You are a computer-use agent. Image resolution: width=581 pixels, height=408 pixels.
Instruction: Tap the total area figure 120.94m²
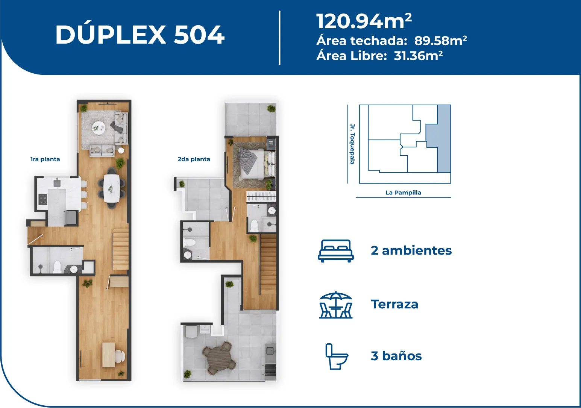click(x=364, y=21)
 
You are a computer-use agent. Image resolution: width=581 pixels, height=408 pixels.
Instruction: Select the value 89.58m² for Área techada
click(x=440, y=41)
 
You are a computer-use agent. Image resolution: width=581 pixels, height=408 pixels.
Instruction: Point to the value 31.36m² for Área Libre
click(x=418, y=56)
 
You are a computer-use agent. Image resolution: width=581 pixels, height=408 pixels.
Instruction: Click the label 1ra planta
click(x=45, y=159)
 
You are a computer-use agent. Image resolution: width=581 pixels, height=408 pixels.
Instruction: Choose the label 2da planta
click(x=194, y=159)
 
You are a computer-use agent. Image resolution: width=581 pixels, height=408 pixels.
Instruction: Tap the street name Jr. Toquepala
click(x=352, y=144)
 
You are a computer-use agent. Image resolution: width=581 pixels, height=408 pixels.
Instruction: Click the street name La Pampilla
click(x=403, y=193)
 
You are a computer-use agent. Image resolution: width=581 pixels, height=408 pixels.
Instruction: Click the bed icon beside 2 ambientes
click(x=336, y=251)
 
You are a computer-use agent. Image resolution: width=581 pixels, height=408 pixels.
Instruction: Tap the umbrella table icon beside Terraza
click(x=336, y=305)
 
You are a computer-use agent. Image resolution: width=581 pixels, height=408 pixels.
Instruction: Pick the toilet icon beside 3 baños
click(x=337, y=356)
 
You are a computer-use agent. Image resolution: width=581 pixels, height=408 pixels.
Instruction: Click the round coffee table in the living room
click(x=99, y=127)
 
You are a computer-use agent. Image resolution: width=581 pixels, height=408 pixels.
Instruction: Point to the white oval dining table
click(x=112, y=188)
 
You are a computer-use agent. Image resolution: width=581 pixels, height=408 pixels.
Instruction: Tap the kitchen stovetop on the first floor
click(x=43, y=199)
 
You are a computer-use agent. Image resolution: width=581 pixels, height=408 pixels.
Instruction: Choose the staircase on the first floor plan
click(x=120, y=251)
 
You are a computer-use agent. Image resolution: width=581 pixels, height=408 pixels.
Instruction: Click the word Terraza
click(x=394, y=304)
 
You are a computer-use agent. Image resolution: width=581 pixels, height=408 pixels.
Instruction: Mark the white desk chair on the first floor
click(x=120, y=356)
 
